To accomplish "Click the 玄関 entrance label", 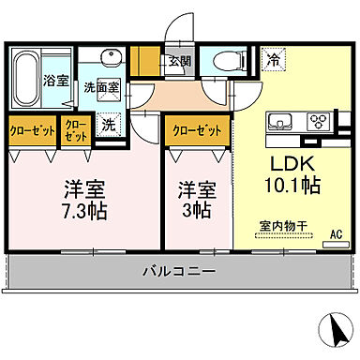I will point(178,63).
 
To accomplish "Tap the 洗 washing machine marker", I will point(109,123).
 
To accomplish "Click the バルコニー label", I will point(179,271).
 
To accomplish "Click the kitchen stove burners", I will point(318,120).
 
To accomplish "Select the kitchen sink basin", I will point(280,122).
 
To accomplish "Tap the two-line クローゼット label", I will point(74,130).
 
